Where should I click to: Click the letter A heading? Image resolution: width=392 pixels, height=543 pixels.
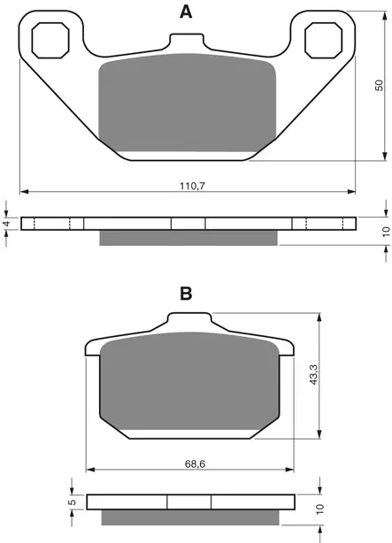pos(186,11)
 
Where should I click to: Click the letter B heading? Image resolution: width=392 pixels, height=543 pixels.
pos(186,294)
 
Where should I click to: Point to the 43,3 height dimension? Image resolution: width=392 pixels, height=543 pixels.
pos(313,376)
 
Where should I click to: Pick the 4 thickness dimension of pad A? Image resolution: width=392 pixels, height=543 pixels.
pos(7,224)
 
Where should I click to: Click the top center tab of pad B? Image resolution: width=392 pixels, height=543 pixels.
pos(189,324)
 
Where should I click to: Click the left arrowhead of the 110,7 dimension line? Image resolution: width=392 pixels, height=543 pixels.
pos(24,190)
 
